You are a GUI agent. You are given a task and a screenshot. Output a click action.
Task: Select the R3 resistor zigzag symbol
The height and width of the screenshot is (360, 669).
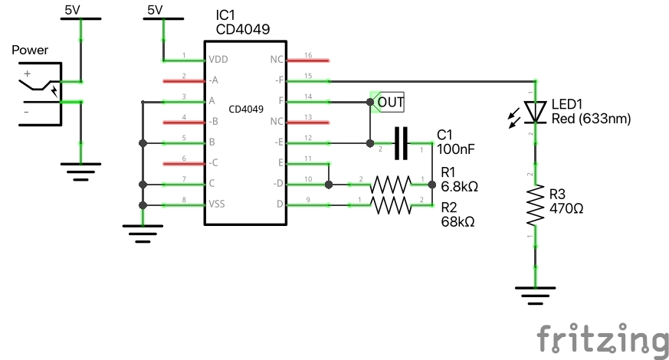(x=535, y=205)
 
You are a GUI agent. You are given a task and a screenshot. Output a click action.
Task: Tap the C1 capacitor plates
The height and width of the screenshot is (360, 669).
(x=401, y=142)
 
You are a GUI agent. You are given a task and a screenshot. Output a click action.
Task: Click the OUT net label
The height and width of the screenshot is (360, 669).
(x=390, y=101)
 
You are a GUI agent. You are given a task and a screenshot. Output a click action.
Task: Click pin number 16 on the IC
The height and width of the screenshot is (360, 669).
(x=307, y=55)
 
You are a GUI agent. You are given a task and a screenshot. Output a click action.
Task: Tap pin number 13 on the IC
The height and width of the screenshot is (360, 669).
(x=307, y=117)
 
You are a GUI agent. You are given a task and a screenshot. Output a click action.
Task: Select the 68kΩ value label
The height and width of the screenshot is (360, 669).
(x=457, y=221)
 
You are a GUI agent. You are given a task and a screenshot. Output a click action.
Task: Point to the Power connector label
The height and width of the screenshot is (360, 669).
(x=31, y=51)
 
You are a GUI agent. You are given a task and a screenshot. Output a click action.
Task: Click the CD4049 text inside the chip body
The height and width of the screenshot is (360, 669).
(x=246, y=110)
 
